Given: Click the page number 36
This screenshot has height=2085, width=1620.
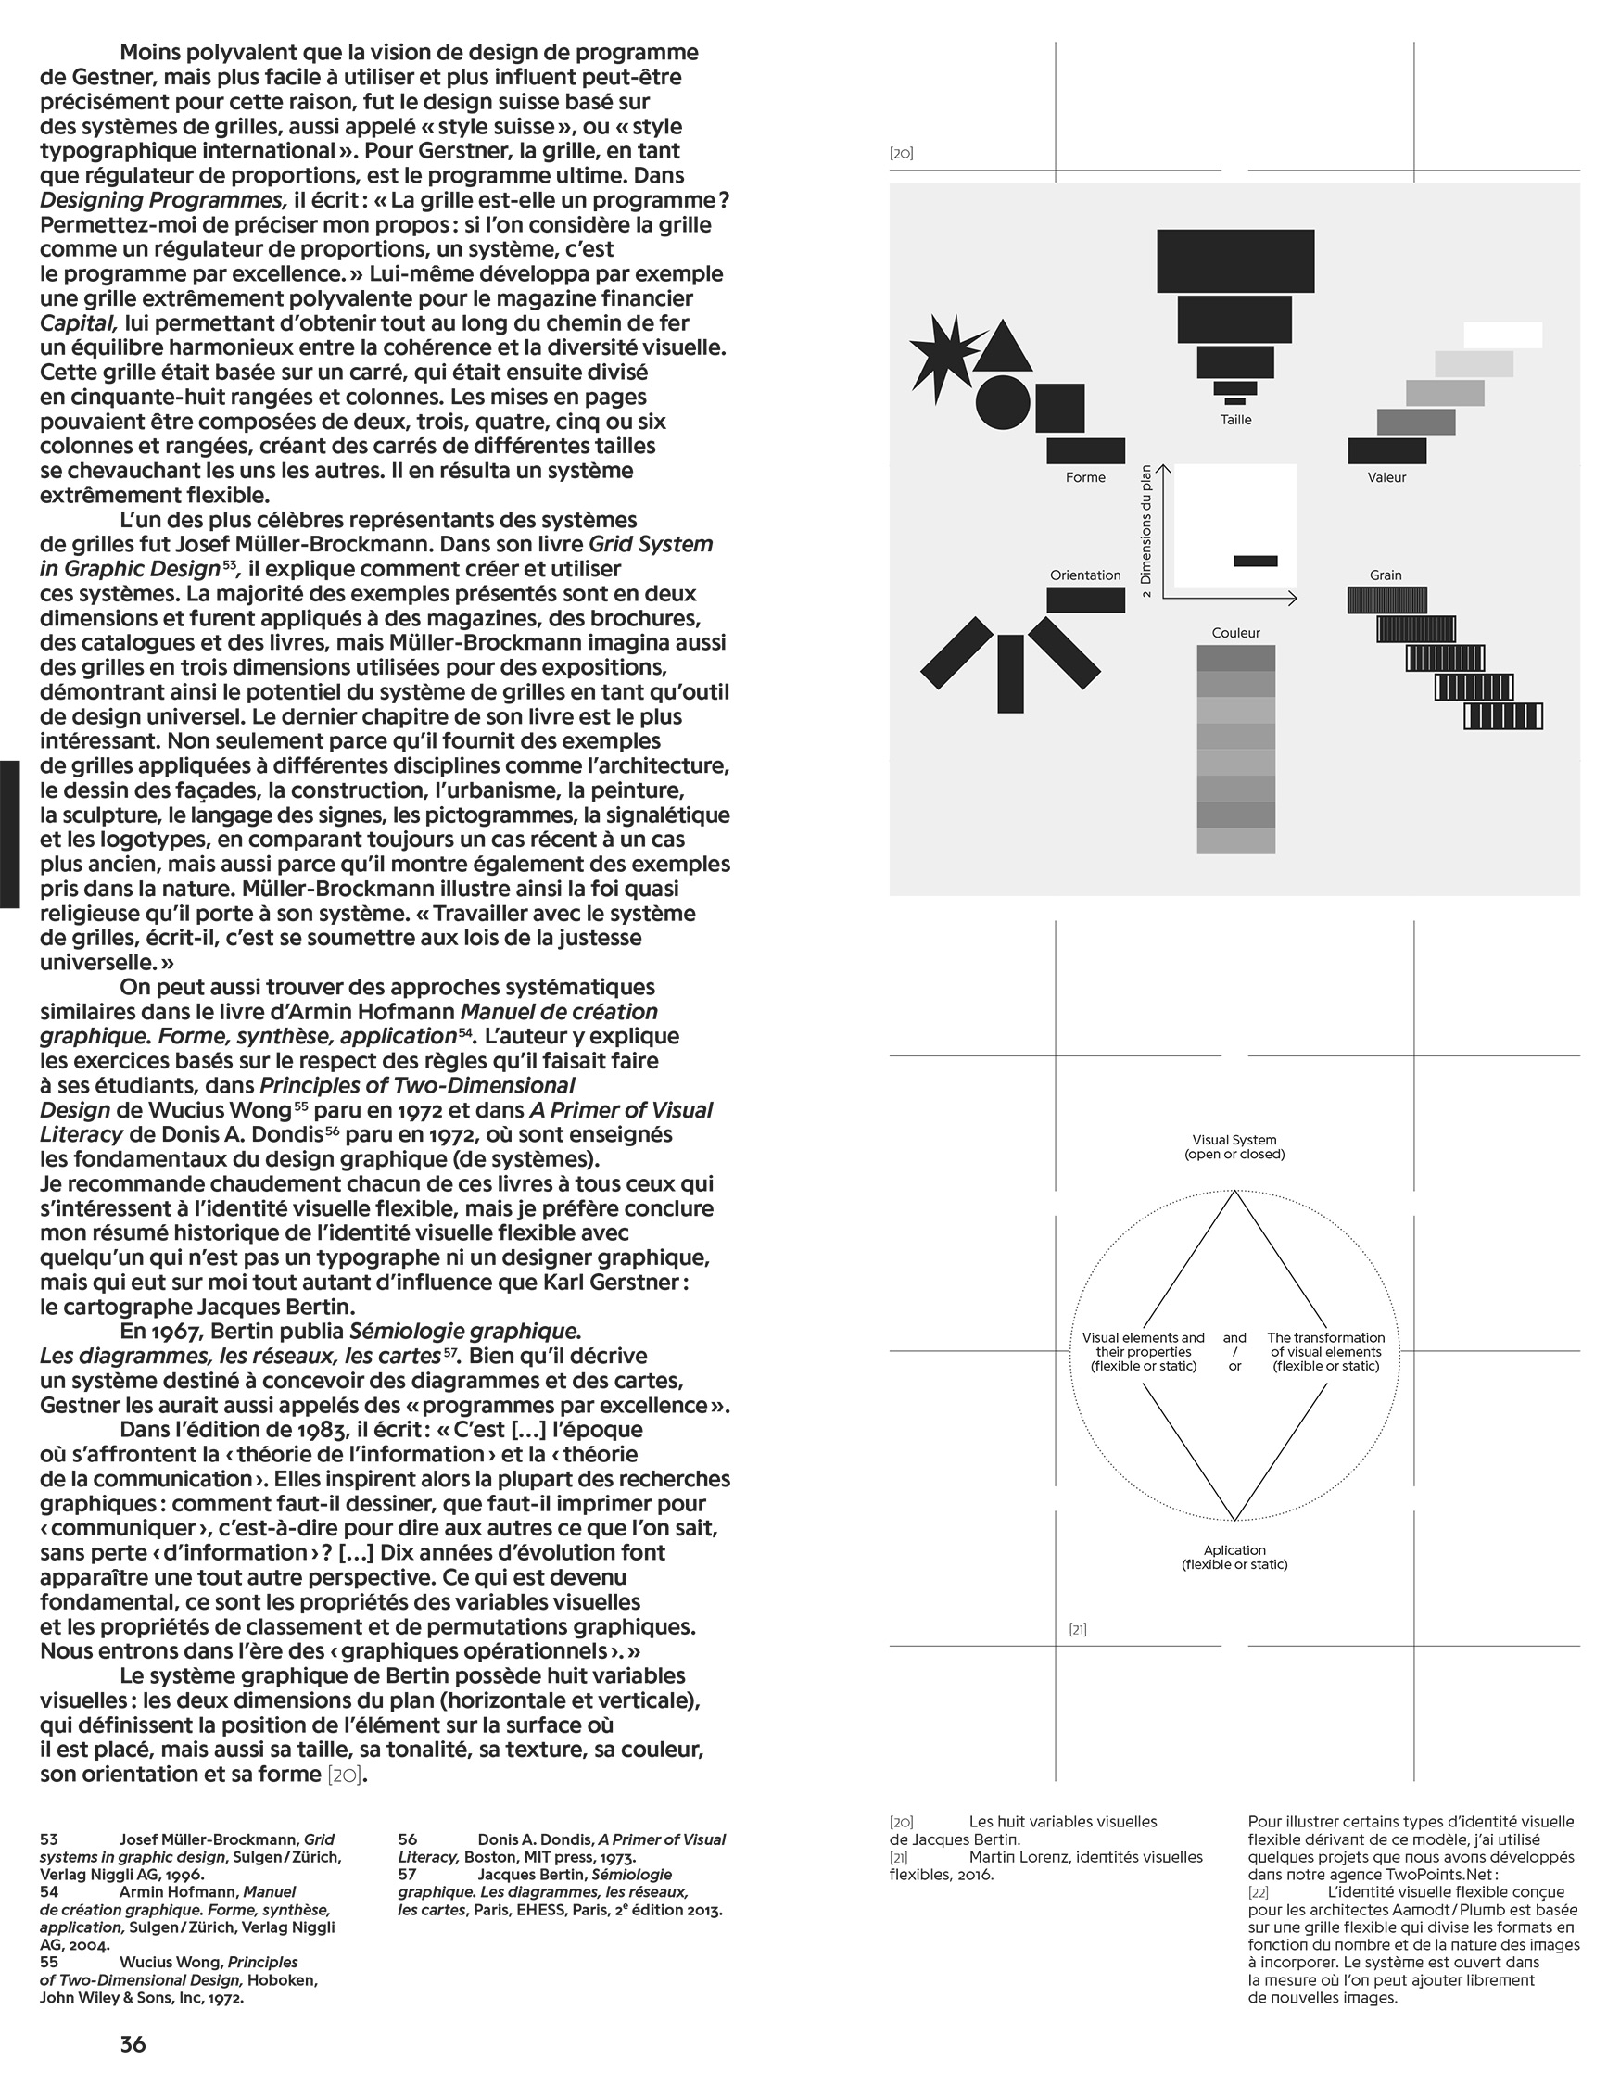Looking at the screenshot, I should [x=133, y=2044].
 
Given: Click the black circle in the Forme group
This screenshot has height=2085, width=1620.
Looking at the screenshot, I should [x=1003, y=401].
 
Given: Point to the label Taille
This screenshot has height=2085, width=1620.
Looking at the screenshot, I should [x=1235, y=420].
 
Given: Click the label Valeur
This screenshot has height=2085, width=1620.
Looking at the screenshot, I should [x=1386, y=477].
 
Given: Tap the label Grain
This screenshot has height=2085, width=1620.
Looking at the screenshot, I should [x=1386, y=575].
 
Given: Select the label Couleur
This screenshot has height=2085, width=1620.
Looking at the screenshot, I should [x=1235, y=633].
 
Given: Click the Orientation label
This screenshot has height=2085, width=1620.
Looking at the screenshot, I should [x=1085, y=575].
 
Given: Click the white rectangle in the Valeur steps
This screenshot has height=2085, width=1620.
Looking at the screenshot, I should [x=1502, y=335].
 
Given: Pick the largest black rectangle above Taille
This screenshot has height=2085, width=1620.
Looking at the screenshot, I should [x=1235, y=260].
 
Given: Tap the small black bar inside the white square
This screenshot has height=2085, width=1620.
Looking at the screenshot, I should [x=1254, y=561].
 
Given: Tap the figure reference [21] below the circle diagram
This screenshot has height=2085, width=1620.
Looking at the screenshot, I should [x=1077, y=1630].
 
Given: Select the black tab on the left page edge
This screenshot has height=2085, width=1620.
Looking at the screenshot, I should [x=9, y=833].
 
